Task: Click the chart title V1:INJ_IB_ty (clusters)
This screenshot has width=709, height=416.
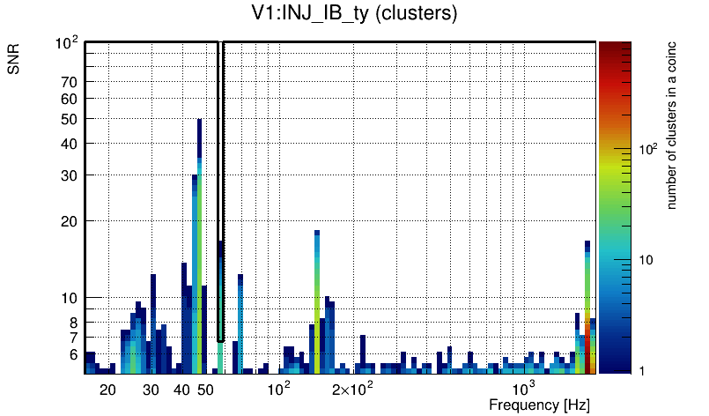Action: click(354, 14)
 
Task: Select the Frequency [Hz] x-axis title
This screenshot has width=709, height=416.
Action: click(539, 405)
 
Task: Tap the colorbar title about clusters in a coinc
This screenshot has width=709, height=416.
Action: click(671, 124)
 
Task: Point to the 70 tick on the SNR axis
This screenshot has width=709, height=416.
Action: click(70, 82)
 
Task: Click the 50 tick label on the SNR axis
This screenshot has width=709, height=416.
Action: click(70, 119)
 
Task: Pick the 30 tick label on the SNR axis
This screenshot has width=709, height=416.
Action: click(70, 175)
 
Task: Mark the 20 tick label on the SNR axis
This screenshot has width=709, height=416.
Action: click(70, 220)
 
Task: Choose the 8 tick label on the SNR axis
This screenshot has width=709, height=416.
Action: click(73, 323)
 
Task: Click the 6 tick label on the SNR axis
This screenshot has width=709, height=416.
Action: click(73, 354)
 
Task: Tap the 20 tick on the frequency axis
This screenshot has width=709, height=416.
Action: click(107, 389)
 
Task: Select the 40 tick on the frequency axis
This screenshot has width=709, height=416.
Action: click(181, 389)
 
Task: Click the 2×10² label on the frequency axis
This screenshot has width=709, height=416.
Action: click(353, 388)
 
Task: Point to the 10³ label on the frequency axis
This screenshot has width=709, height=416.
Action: click(523, 388)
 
